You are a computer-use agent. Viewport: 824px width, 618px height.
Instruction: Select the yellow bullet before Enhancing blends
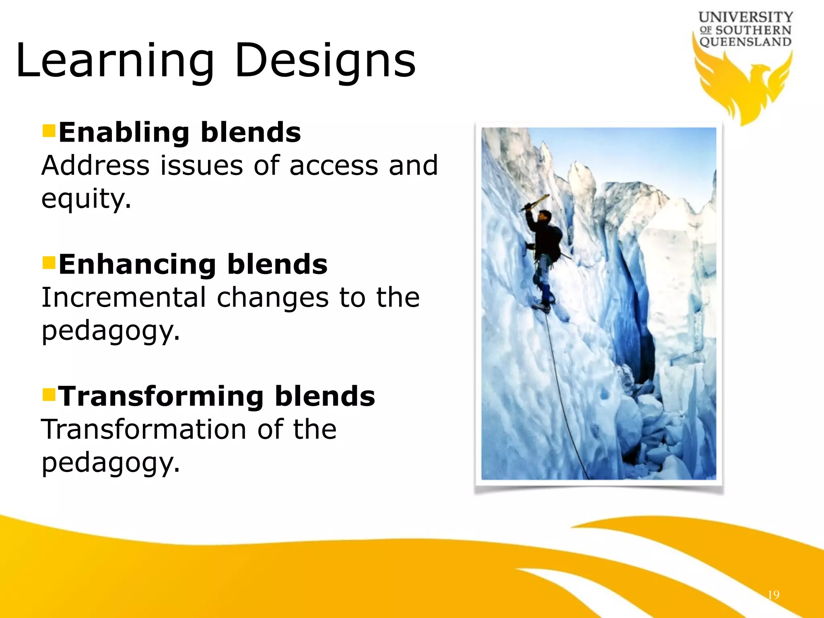(x=49, y=262)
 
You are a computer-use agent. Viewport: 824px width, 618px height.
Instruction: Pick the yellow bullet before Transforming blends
(x=49, y=394)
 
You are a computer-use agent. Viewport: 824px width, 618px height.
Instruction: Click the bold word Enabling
(x=124, y=133)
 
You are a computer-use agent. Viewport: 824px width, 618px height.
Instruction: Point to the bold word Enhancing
(x=137, y=265)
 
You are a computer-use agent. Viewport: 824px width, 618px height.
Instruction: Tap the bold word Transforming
(x=161, y=396)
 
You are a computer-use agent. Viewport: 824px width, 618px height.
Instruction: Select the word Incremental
(x=123, y=298)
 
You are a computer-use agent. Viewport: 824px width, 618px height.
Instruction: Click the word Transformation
(x=143, y=429)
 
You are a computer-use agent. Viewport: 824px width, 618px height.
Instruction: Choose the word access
(x=334, y=166)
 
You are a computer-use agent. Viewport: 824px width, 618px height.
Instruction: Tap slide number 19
(x=773, y=595)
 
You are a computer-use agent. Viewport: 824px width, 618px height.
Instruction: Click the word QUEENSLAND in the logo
(x=745, y=42)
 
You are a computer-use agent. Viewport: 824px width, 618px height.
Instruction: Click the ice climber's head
(x=545, y=216)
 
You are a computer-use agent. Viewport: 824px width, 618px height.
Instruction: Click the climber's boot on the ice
(x=541, y=307)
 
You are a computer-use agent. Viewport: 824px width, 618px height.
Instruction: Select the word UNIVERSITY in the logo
(x=746, y=17)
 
